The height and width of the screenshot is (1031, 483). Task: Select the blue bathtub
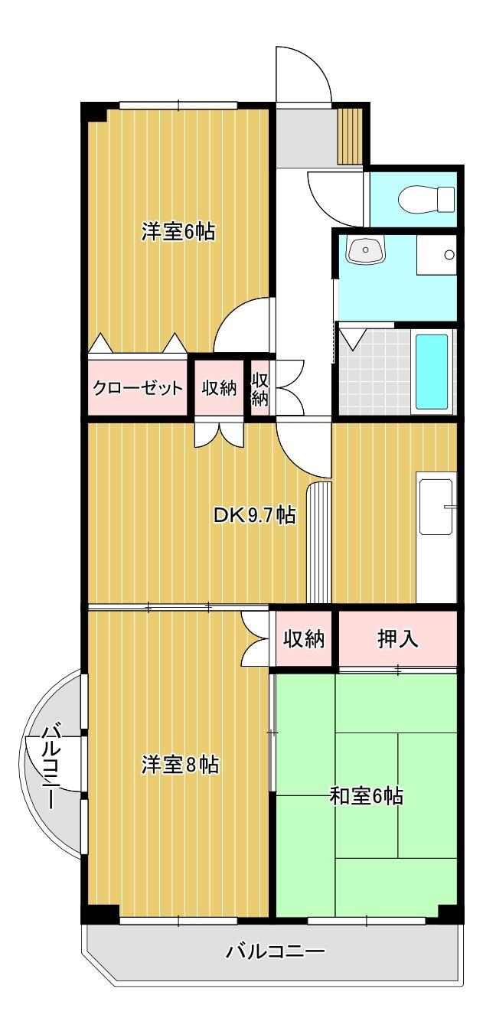point(432,371)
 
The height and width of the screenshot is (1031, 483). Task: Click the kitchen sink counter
point(436,506)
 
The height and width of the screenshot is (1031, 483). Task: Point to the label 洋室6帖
point(178,231)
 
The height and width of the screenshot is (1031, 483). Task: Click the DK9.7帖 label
point(254,515)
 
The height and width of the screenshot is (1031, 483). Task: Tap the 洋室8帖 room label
point(180,764)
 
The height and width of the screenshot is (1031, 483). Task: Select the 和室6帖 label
point(366,796)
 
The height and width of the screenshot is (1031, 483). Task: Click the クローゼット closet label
point(138,388)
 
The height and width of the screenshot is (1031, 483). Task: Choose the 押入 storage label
point(397,639)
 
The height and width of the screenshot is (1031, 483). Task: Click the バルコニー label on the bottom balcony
point(275,952)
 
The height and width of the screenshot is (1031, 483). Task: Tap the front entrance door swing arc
point(305,73)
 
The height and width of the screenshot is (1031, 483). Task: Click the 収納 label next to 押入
point(304,638)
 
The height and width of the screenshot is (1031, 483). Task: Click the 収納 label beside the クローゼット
point(219,388)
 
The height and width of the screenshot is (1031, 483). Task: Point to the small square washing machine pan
point(436,255)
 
